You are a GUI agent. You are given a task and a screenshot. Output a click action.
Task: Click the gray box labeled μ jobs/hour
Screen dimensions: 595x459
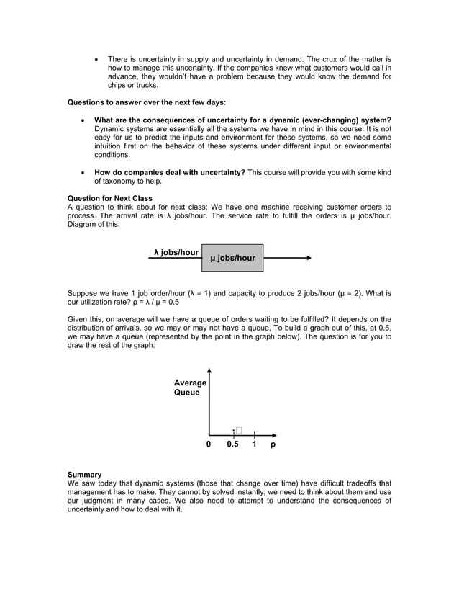(232, 258)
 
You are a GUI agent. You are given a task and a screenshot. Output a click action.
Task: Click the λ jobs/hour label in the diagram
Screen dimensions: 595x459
(176, 253)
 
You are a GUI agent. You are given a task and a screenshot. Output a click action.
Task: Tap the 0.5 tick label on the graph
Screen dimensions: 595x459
(232, 444)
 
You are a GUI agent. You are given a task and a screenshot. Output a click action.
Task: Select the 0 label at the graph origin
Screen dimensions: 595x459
(209, 444)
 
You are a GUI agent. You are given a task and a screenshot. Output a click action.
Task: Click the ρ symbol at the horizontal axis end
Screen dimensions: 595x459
(273, 444)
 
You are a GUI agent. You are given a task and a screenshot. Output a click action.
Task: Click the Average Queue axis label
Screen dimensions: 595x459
(190, 388)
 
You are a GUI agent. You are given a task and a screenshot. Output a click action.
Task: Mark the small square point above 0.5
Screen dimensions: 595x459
(238, 431)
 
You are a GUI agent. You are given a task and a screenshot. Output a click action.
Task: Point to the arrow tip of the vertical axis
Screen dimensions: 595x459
(209, 370)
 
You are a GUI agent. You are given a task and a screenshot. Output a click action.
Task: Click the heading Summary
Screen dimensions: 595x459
(84, 474)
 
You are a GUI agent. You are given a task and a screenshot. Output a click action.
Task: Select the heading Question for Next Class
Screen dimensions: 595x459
(109, 198)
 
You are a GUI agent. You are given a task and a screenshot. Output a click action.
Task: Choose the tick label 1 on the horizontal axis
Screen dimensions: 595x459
(254, 444)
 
